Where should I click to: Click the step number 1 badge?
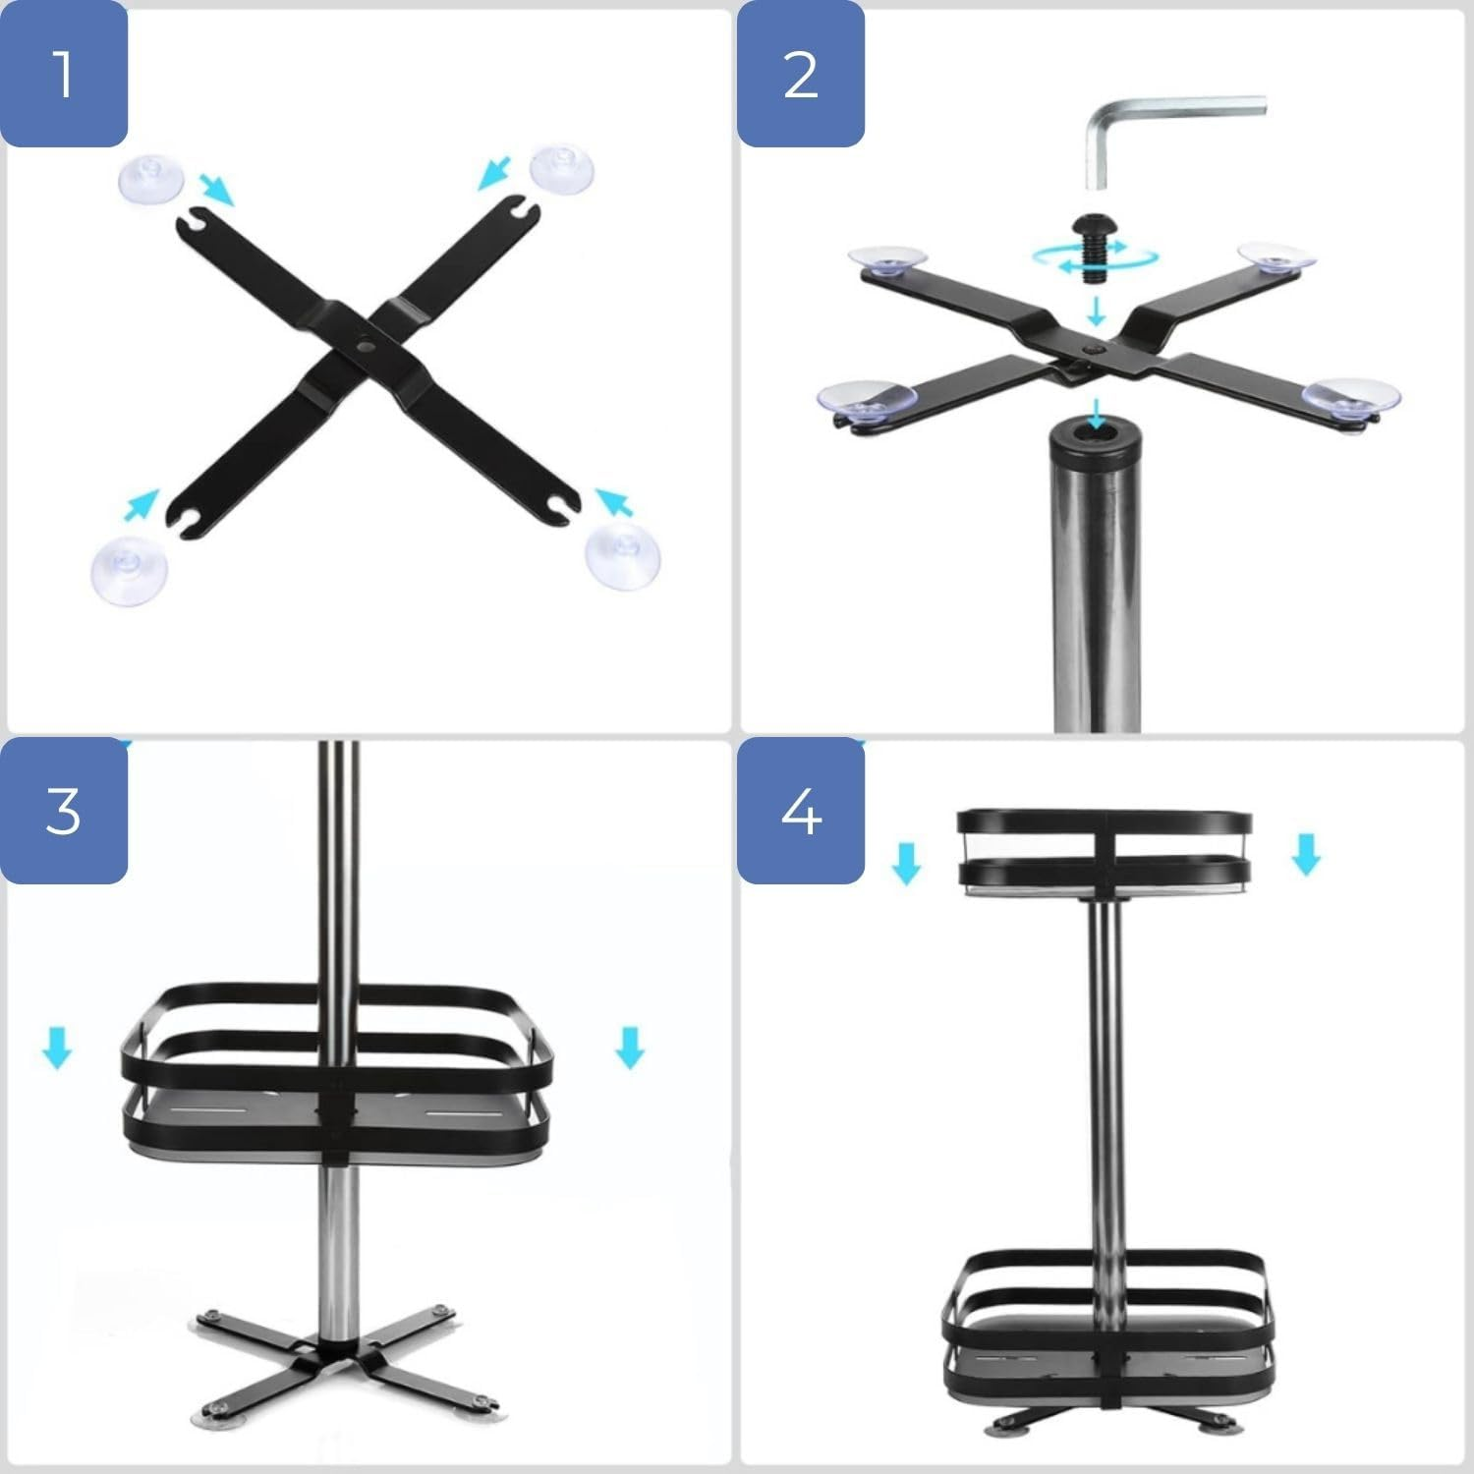coord(64,74)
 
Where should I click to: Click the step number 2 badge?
coord(801,74)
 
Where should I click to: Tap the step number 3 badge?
coord(64,811)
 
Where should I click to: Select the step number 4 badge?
coord(801,811)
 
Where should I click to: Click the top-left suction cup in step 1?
coord(150,178)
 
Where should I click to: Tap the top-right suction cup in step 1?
coord(562,168)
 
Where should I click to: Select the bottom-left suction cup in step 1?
coord(129,569)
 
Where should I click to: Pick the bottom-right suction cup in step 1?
coord(622,555)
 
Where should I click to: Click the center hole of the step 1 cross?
coord(366,348)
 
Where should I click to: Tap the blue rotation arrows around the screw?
coord(1095,257)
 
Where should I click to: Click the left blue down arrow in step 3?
coord(56,1048)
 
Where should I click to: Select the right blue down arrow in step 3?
coord(629,1048)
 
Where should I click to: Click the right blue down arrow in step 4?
coord(1306,853)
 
